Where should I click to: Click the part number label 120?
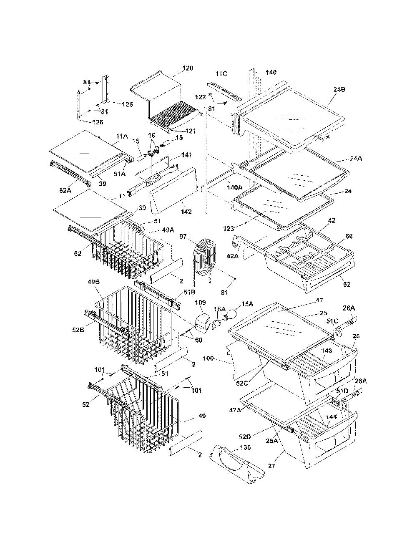coord(188,68)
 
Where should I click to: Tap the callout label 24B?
coord(339,89)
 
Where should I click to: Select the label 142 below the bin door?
coord(186,212)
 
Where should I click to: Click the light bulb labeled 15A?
coord(231,317)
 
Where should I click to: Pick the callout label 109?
coord(200,303)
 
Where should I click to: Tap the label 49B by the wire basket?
coord(93,282)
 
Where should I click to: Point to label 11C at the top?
coord(221,74)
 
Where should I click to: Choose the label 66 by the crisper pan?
coord(349,236)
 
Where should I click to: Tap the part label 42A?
coord(232,256)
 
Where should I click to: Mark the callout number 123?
coord(229,228)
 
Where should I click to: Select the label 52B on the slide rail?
coord(78,330)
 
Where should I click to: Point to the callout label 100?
coord(208,358)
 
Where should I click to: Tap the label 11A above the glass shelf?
coord(122,136)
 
